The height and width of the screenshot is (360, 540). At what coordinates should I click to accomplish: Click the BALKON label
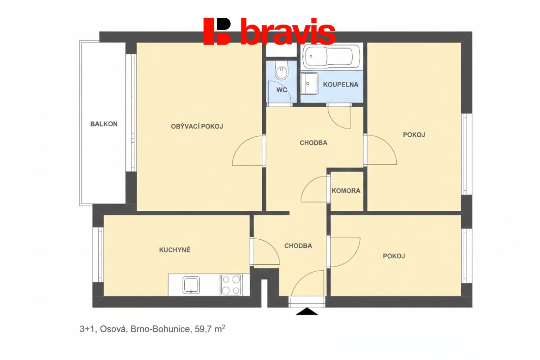pos(104,124)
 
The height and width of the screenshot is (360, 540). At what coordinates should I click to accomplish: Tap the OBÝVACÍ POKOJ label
pos(197,126)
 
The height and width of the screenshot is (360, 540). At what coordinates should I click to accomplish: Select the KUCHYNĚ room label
pos(175,250)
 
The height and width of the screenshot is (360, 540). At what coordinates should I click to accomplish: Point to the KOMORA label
pos(346,191)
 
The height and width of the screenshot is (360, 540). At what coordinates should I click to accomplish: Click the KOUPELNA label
pos(341,85)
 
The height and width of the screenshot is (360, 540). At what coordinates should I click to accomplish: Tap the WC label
pos(282,90)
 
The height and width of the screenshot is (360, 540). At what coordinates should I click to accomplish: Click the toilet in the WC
pos(282,70)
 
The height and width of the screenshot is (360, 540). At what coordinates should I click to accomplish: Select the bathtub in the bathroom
pos(331,56)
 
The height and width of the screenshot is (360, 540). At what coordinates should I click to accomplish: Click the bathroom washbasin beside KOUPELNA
pos(309,83)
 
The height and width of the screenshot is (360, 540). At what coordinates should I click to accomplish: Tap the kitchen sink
pos(191,285)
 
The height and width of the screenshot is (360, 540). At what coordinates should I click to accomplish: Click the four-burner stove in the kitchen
pos(231,285)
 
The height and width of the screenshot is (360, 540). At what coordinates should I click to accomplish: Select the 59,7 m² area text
pos(210,329)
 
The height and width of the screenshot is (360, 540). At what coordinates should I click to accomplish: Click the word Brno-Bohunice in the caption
pos(160,329)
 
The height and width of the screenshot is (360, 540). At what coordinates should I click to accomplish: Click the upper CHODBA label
pos(313,143)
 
